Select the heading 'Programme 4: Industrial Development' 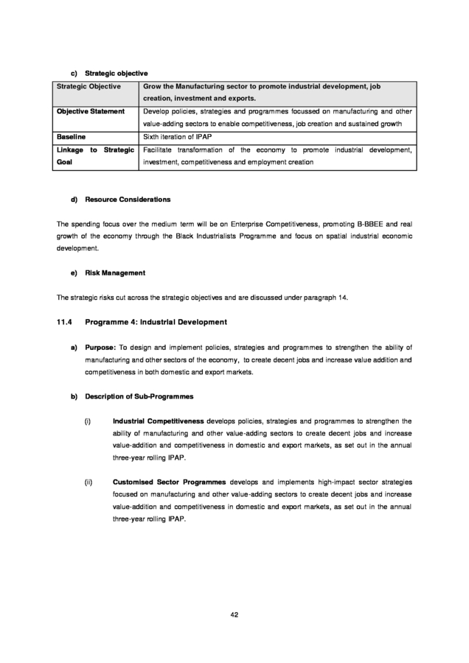pyautogui.click(x=156, y=322)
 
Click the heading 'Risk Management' pyautogui.click(x=115, y=273)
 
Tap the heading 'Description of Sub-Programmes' pyautogui.click(x=139, y=397)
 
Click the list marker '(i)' pyautogui.click(x=88, y=422)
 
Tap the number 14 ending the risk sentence pyautogui.click(x=341, y=298)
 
